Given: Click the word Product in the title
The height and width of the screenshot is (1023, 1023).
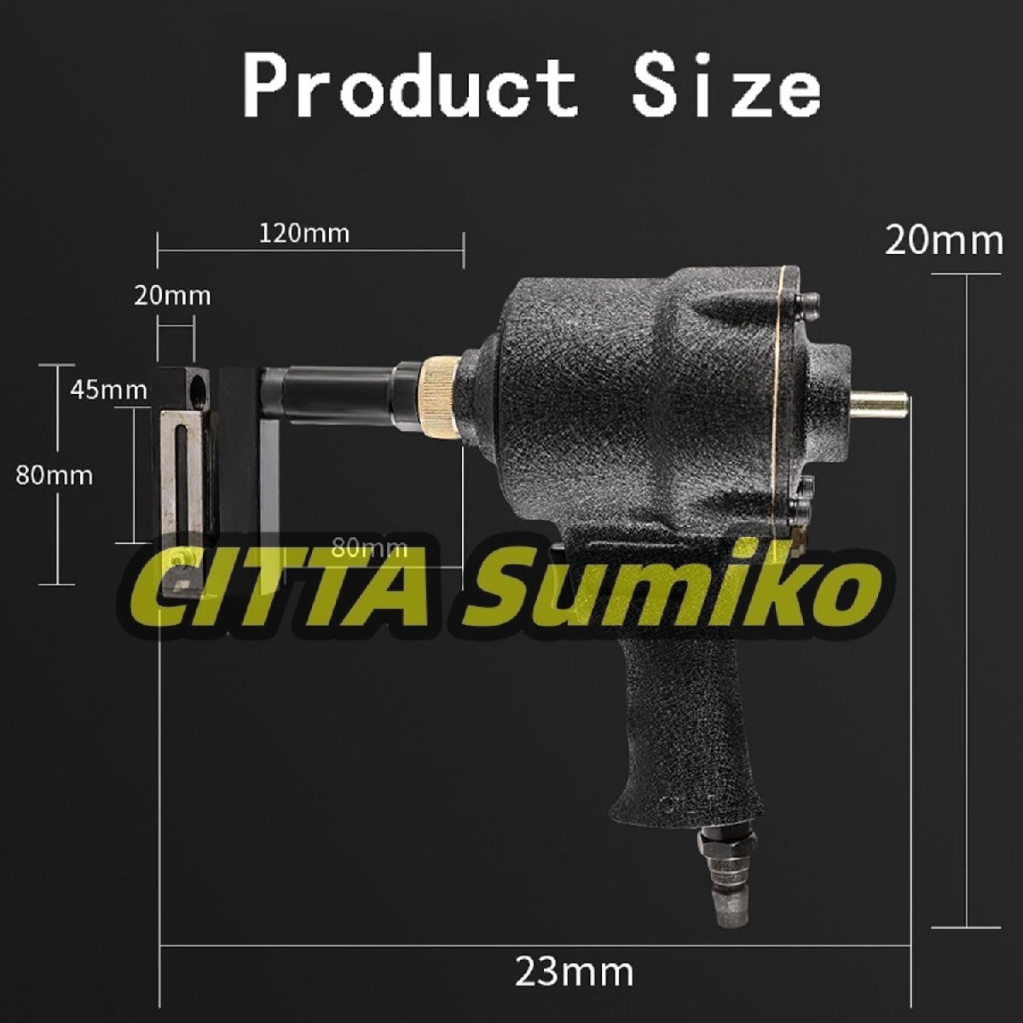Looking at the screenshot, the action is click(x=410, y=87).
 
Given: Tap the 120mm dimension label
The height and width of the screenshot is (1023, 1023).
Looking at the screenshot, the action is click(x=304, y=234).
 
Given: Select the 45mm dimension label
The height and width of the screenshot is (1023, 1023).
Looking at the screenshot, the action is click(x=108, y=390).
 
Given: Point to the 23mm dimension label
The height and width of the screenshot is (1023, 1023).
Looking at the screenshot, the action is click(x=575, y=972).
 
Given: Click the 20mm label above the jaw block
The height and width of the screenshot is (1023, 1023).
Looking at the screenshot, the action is click(x=172, y=296).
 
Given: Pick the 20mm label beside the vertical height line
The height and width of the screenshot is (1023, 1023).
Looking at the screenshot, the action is click(x=945, y=241).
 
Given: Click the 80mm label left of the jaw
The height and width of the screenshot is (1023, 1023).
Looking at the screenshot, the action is click(x=55, y=475).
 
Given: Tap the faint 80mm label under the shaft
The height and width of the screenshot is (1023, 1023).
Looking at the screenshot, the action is click(x=369, y=548).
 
